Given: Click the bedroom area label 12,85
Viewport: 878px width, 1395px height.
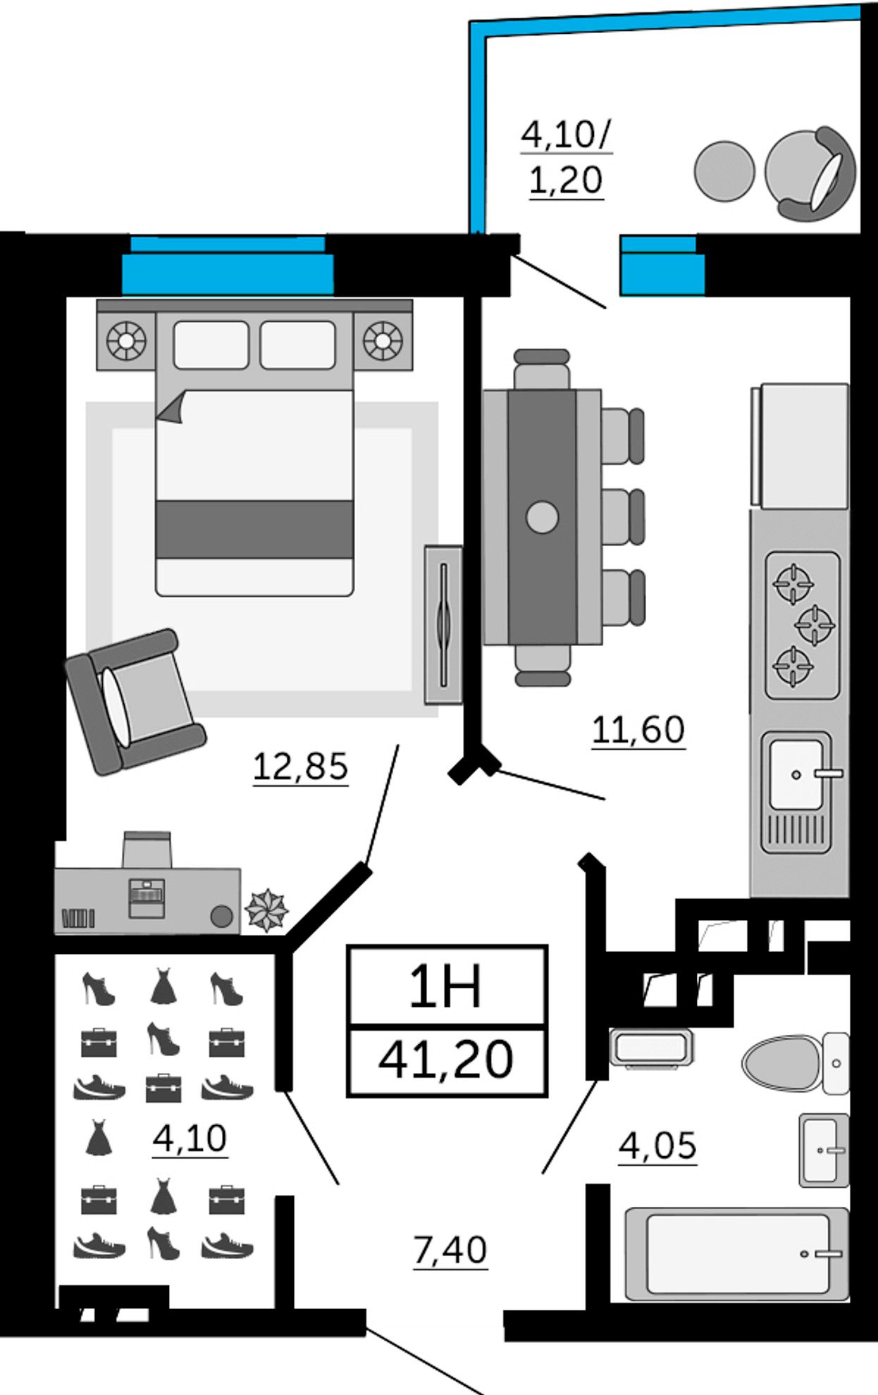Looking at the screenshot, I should click(x=300, y=766).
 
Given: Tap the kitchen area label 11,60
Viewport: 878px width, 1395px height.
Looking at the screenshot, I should click(x=638, y=729).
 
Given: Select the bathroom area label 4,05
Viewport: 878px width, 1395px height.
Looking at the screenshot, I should click(x=657, y=1145).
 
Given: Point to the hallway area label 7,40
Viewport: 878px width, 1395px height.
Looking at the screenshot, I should click(x=450, y=1250).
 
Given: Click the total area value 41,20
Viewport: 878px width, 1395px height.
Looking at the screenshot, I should click(x=445, y=1060).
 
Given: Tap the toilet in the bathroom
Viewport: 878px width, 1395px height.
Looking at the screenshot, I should click(x=793, y=1063).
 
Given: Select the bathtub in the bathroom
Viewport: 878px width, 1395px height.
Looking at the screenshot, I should click(x=737, y=1254).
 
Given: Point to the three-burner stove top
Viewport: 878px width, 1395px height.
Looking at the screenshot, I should click(x=802, y=625).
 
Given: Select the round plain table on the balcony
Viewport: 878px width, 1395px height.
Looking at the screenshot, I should click(x=724, y=171).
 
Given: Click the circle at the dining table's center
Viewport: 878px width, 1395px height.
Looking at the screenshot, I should click(x=542, y=516).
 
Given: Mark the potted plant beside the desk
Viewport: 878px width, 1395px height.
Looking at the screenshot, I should click(x=266, y=910).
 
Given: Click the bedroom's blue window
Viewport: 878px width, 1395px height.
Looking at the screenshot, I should click(x=227, y=266).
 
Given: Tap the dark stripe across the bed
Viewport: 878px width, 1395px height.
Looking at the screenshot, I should click(x=254, y=529).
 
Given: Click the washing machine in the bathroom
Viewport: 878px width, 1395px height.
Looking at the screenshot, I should click(x=651, y=1048).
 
